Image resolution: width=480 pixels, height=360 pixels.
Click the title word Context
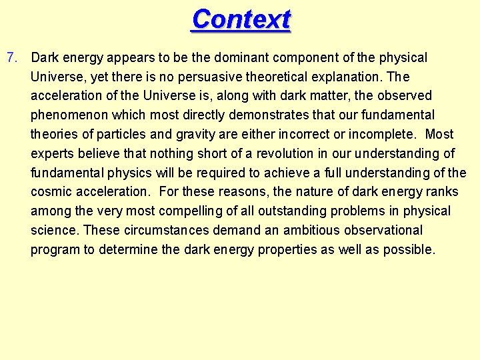point(241,19)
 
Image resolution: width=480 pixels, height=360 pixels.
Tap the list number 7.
point(11,58)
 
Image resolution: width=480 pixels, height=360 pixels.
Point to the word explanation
point(347,77)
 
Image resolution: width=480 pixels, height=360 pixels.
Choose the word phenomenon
point(69,115)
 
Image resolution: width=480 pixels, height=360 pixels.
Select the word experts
point(53,154)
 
